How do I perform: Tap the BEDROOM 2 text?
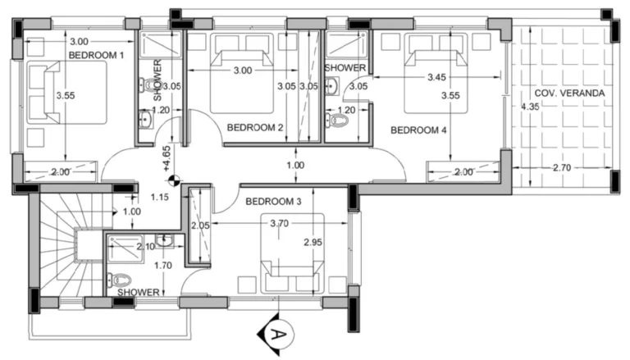pos(255,128)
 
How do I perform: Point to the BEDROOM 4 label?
pos(418,130)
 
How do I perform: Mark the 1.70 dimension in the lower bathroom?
pos(164,265)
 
